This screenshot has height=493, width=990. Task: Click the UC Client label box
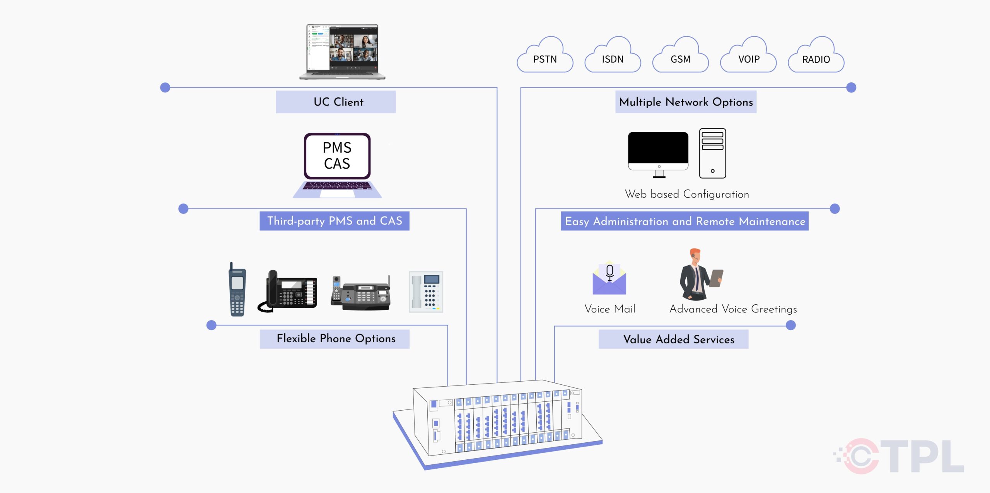click(x=336, y=102)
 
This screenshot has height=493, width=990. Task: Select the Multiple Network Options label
click(x=686, y=102)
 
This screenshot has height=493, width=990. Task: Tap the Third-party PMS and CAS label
click(x=335, y=221)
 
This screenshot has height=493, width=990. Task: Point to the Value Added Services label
click(x=673, y=339)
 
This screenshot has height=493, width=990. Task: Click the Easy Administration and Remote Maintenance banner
click(x=684, y=221)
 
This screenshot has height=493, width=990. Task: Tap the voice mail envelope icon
click(x=609, y=279)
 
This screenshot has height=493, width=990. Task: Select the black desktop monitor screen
click(x=658, y=148)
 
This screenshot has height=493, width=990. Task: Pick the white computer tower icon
click(x=712, y=154)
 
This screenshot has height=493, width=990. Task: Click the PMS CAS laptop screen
click(x=337, y=156)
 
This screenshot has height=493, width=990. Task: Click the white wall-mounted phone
click(x=426, y=292)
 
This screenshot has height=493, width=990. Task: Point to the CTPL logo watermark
click(x=901, y=456)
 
